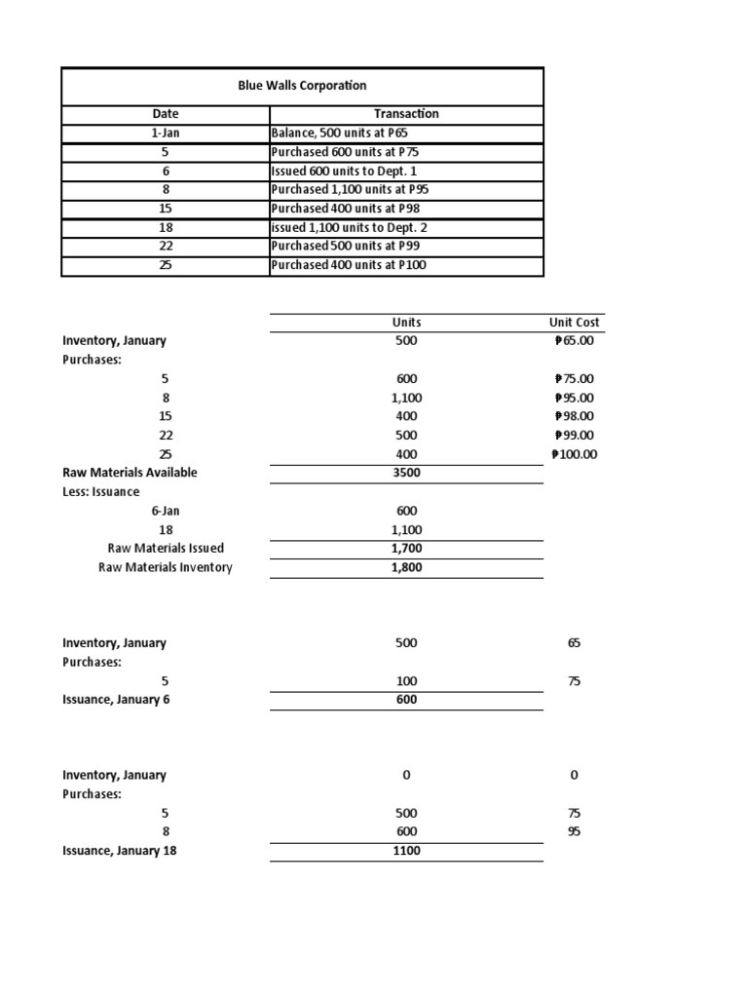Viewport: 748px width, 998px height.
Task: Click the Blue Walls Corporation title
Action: pyautogui.click(x=302, y=86)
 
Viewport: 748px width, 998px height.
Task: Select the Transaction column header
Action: pyautogui.click(x=406, y=114)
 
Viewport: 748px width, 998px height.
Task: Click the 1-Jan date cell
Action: pyautogui.click(x=165, y=134)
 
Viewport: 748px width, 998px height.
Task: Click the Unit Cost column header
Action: pyautogui.click(x=575, y=323)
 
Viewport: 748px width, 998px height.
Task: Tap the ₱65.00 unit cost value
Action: pyautogui.click(x=573, y=341)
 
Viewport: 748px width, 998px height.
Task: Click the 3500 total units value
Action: pyautogui.click(x=406, y=473)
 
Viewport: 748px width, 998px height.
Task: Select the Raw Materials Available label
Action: pyautogui.click(x=130, y=473)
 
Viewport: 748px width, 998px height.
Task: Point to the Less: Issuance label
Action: pyautogui.click(x=100, y=492)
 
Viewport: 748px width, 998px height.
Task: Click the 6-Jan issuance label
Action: pyautogui.click(x=165, y=511)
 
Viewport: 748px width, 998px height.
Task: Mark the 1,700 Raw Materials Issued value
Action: pyautogui.click(x=406, y=549)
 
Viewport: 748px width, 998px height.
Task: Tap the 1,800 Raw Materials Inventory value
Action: pyautogui.click(x=406, y=567)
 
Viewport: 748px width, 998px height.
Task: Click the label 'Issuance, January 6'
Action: pyautogui.click(x=116, y=700)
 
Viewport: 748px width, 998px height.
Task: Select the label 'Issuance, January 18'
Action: pyautogui.click(x=119, y=851)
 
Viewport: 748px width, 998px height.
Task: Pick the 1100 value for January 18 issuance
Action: pyautogui.click(x=406, y=851)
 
